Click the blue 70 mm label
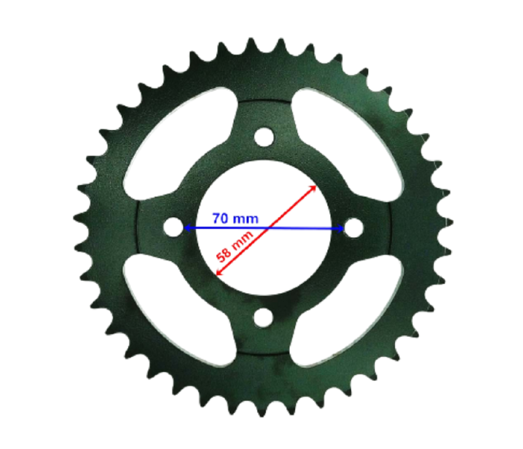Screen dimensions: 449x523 [235, 218]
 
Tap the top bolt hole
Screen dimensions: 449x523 [263, 136]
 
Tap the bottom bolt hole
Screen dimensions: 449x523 [263, 317]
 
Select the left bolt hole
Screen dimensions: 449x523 [173, 227]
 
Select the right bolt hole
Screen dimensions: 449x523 [353, 227]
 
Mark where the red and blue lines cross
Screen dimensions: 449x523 [268, 229]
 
